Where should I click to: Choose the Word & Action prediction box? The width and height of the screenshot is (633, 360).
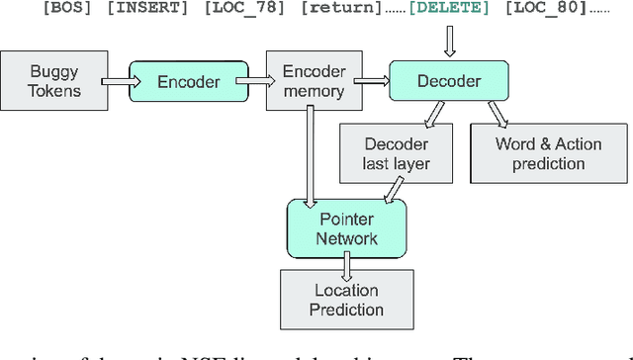point(547,153)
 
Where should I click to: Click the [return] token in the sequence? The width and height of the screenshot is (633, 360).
point(307,10)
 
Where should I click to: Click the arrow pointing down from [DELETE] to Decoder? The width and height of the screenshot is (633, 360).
point(450,41)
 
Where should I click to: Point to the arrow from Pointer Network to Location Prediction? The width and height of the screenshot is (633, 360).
point(347,262)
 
